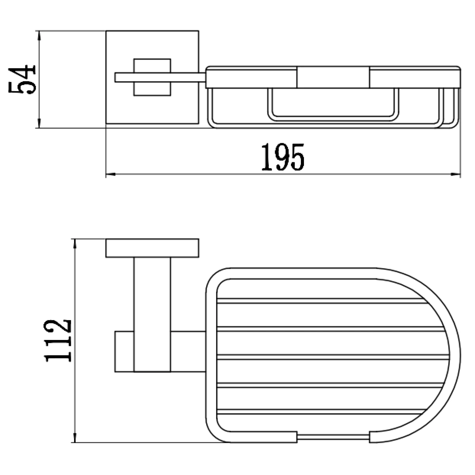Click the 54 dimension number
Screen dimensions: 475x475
pos(22,79)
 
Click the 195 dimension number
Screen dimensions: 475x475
pos(283,157)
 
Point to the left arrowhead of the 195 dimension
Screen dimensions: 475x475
pos(111,174)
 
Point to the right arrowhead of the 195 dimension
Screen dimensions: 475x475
pos(456,174)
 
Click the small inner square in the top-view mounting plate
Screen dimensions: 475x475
pos(152,77)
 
